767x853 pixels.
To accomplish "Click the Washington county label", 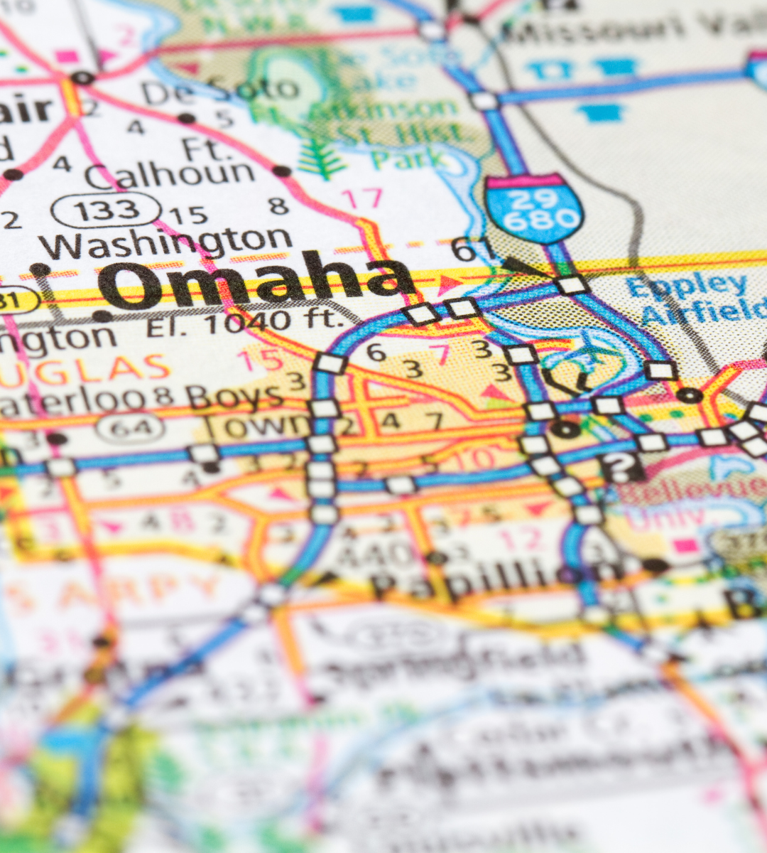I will [165, 244].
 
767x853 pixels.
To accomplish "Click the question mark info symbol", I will [621, 467].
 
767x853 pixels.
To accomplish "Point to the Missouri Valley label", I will [632, 28].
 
